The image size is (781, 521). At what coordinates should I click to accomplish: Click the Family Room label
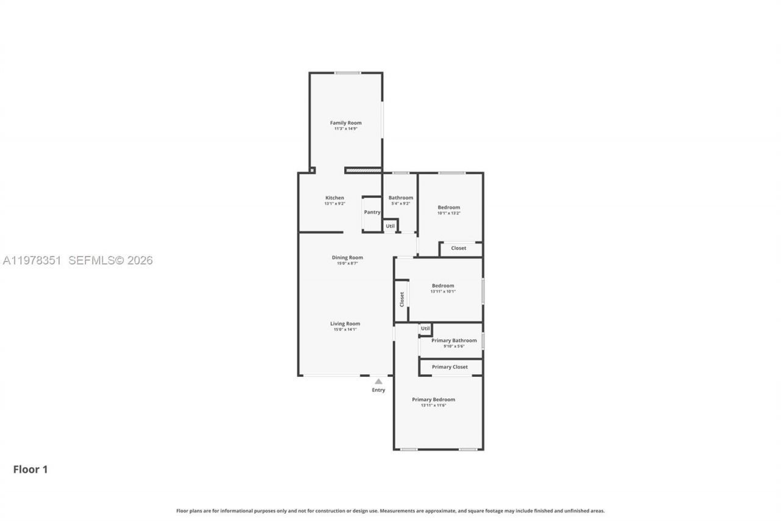346,123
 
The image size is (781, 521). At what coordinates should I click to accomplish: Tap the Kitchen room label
334,198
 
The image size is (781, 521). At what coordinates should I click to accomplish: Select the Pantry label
372,213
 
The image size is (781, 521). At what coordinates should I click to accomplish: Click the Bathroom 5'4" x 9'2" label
401,198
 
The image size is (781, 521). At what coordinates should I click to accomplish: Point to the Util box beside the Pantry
390,226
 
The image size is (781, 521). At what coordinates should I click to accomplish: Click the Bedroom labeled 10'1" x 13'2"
448,208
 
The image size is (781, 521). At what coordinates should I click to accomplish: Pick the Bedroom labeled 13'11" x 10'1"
443,286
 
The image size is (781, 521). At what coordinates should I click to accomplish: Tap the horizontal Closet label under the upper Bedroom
459,249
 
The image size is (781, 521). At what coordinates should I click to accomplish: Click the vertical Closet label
401,299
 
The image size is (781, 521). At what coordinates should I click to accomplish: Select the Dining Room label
347,258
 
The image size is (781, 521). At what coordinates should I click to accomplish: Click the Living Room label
345,324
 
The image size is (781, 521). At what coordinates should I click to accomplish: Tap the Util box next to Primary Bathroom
425,329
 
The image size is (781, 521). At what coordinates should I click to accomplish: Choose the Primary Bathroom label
454,341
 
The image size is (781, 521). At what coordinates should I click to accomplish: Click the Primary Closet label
450,367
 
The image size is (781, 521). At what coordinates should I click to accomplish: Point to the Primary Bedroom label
433,399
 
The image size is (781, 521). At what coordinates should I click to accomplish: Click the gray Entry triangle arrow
378,381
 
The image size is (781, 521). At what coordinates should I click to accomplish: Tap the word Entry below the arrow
378,390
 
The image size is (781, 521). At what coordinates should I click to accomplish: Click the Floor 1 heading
31,470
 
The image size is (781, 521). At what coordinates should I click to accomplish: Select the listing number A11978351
32,260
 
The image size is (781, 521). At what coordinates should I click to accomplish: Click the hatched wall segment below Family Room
364,170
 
